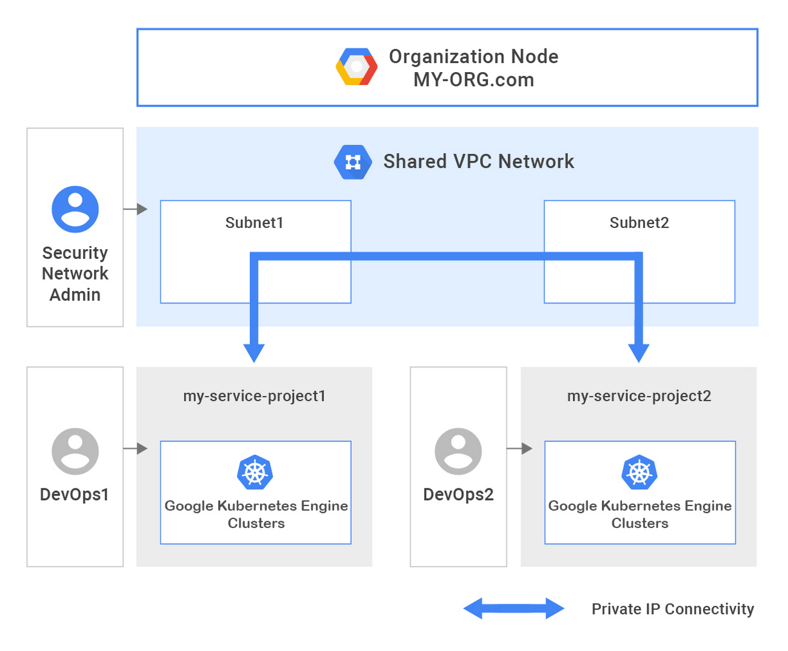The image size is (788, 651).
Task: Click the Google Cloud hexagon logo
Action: click(356, 67)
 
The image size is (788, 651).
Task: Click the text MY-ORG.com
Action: click(473, 80)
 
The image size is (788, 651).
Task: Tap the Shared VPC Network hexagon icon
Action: click(353, 162)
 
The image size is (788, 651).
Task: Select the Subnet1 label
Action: click(255, 223)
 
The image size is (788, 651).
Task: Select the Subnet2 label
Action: click(639, 223)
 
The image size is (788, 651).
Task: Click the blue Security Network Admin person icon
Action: click(75, 209)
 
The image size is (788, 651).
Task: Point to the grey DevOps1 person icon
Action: click(75, 451)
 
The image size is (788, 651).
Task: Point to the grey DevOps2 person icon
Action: click(458, 451)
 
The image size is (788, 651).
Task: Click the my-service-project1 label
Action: click(255, 396)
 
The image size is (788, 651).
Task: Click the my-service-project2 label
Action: click(639, 396)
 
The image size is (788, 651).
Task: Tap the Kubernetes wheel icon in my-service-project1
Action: click(255, 472)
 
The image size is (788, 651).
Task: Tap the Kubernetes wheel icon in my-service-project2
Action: click(639, 472)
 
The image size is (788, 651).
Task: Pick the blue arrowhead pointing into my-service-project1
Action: click(254, 352)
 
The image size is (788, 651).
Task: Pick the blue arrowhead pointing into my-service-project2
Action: click(639, 352)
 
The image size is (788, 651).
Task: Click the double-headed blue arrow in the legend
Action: click(513, 609)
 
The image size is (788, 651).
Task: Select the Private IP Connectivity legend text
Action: click(673, 609)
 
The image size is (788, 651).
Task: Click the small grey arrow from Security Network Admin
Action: click(135, 209)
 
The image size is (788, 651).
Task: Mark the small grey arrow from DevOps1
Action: click(135, 449)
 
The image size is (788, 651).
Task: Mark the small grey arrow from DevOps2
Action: click(519, 449)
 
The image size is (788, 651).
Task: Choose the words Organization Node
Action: click(473, 56)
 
